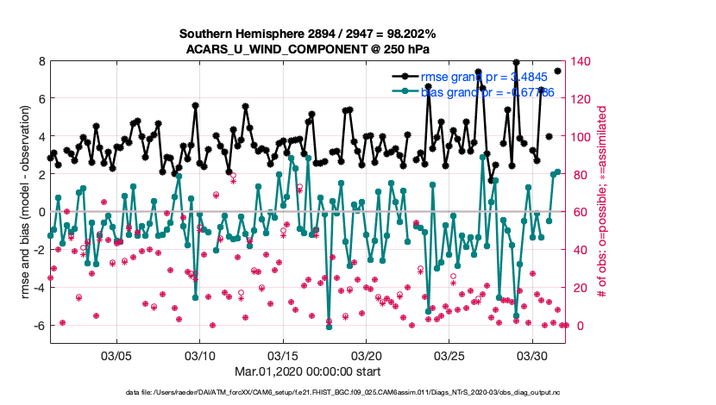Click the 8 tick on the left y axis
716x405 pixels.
[x=41, y=61]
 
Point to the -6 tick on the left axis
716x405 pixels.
[x=38, y=326]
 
